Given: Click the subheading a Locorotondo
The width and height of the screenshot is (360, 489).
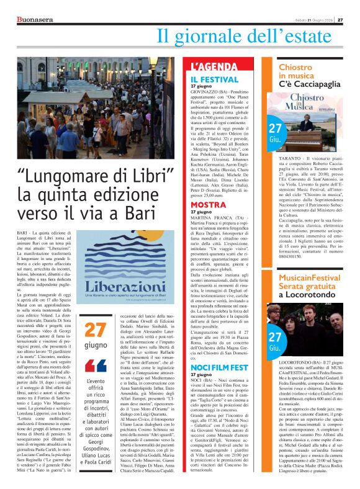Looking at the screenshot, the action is pyautogui.click(x=308, y=295).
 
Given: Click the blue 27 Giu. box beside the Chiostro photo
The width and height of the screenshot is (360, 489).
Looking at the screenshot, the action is pyautogui.click(x=274, y=132).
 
